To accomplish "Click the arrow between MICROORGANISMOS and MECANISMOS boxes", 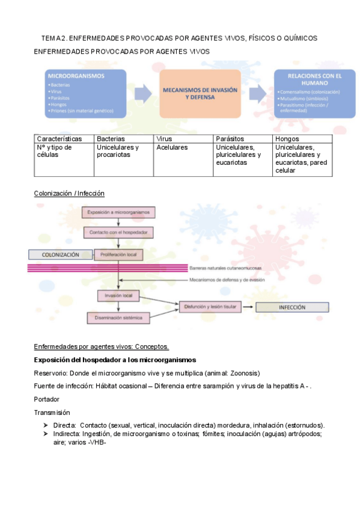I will tap(143, 93).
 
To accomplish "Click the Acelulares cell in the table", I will tap(171, 147).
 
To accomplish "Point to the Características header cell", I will tap(59, 139).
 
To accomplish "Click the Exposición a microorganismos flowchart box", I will tap(120, 212).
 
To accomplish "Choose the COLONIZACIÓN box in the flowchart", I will tap(61, 254).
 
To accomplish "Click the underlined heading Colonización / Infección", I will tap(69, 193).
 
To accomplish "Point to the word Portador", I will tap(47, 399).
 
